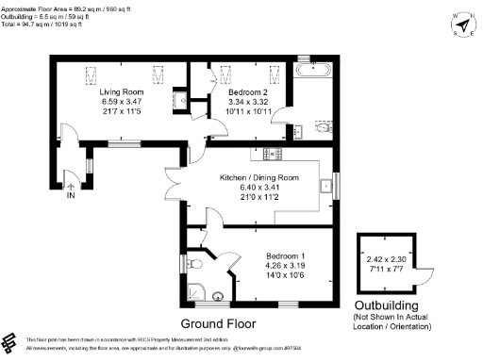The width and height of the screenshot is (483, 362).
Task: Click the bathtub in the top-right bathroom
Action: click(x=311, y=70)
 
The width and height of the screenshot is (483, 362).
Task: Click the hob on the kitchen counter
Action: click(x=274, y=154)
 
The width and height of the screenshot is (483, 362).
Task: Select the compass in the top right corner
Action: click(x=462, y=25)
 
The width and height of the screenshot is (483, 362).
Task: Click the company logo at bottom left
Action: click(x=13, y=340)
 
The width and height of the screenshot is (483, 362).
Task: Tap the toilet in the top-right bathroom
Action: click(x=321, y=127)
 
